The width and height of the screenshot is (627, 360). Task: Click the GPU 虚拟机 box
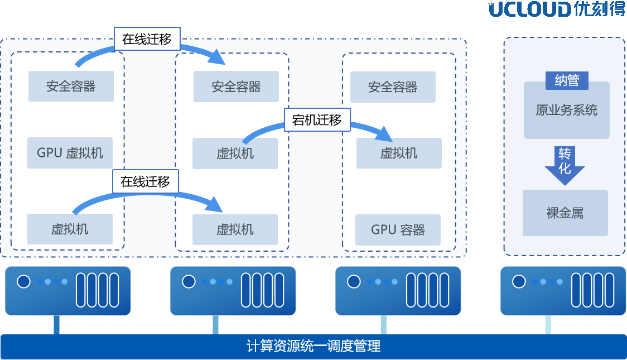(x=70, y=153)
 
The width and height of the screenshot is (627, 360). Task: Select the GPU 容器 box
(x=398, y=229)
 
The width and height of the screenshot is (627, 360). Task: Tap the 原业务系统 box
(x=566, y=110)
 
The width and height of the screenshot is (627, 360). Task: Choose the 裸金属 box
(x=565, y=213)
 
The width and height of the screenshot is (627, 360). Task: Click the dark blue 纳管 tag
(x=567, y=81)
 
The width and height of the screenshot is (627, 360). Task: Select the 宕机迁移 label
(x=317, y=119)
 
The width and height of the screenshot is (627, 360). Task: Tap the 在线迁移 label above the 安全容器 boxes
(x=147, y=39)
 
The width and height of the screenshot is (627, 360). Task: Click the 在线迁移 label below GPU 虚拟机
(x=146, y=181)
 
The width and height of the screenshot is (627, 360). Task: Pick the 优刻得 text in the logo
(x=599, y=9)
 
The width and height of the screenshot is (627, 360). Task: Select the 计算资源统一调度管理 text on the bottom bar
(x=313, y=346)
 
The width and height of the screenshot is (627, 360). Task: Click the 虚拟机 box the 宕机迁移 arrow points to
(x=399, y=153)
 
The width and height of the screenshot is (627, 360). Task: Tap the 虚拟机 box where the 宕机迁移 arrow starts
(x=235, y=153)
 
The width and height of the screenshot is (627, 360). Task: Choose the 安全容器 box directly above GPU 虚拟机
(x=71, y=86)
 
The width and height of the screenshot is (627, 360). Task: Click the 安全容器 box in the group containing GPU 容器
(x=393, y=87)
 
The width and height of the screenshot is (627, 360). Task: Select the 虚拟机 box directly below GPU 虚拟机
(x=70, y=229)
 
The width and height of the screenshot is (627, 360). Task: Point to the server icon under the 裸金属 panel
(x=562, y=290)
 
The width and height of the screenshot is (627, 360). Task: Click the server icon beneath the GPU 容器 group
(x=398, y=290)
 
